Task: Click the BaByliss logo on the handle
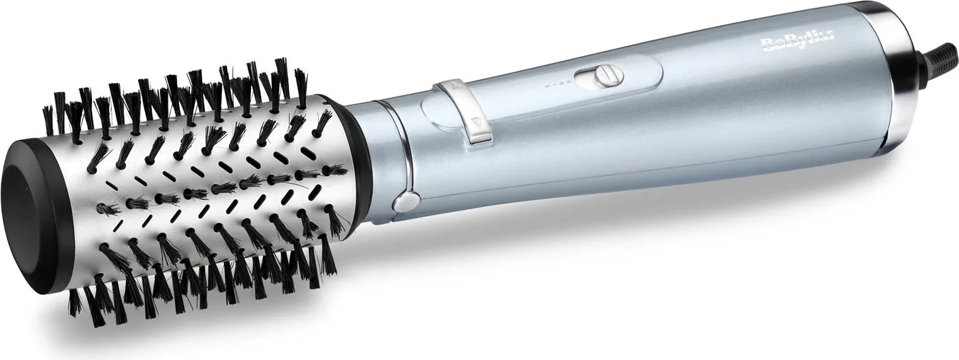pos(798,44)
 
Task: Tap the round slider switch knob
pos(609,77)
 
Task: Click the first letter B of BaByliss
pos(769,45)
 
